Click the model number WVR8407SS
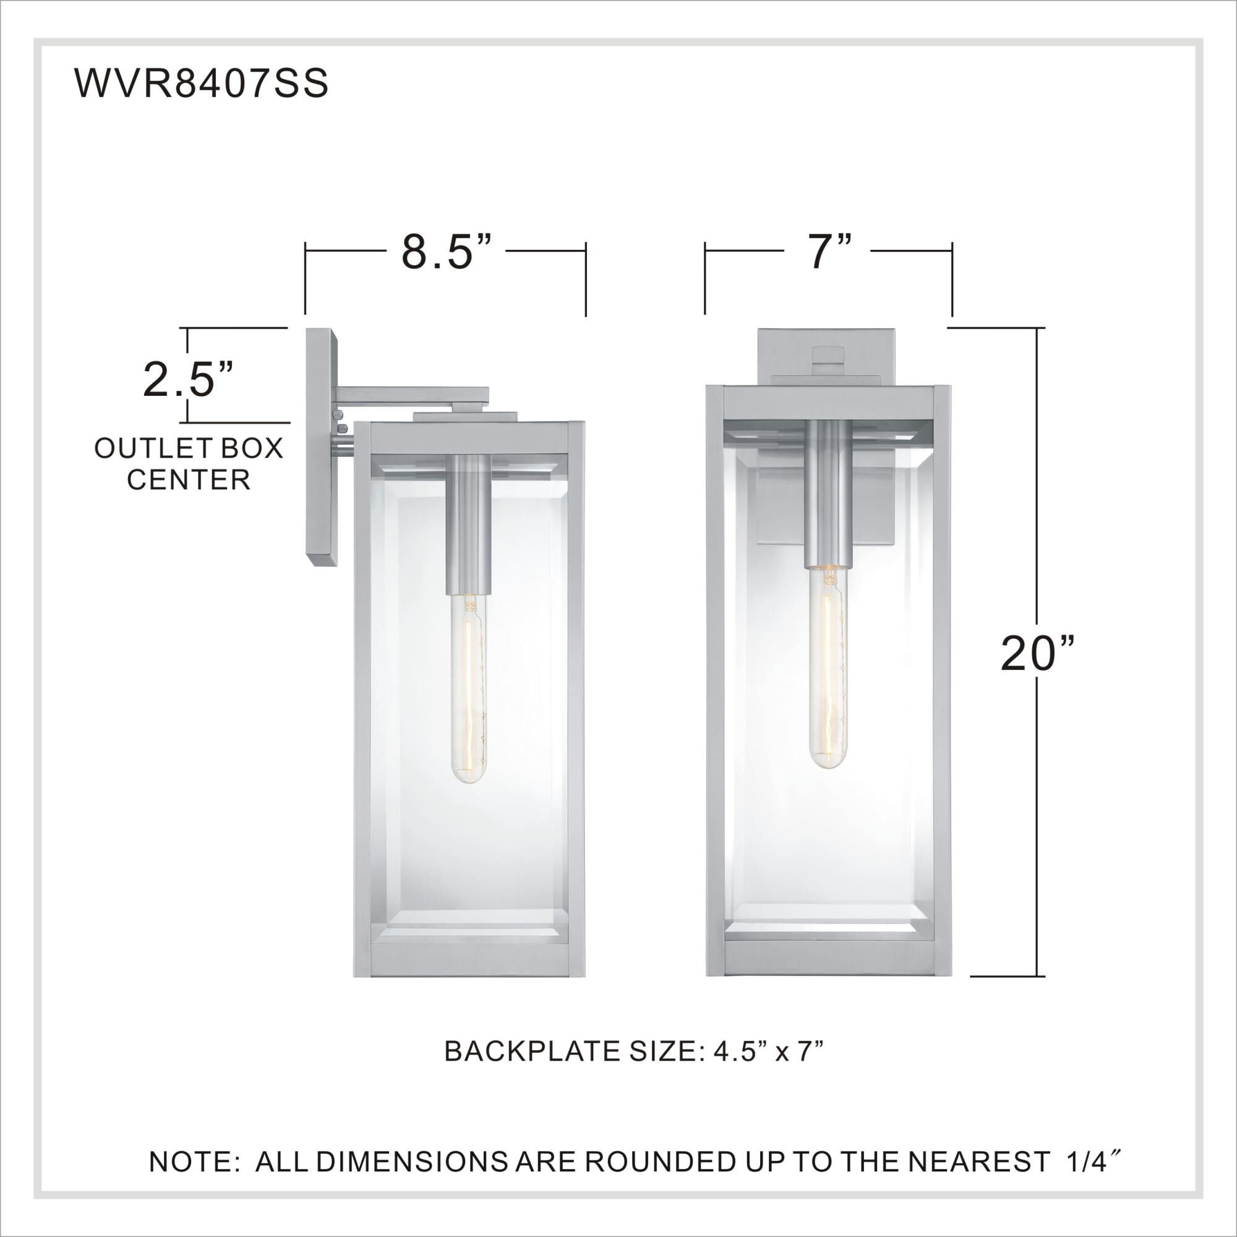pyautogui.click(x=202, y=83)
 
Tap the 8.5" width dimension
pyautogui.click(x=447, y=252)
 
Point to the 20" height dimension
pyautogui.click(x=1037, y=653)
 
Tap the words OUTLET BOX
pyautogui.click(x=189, y=449)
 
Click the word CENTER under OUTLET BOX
pyautogui.click(x=189, y=480)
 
